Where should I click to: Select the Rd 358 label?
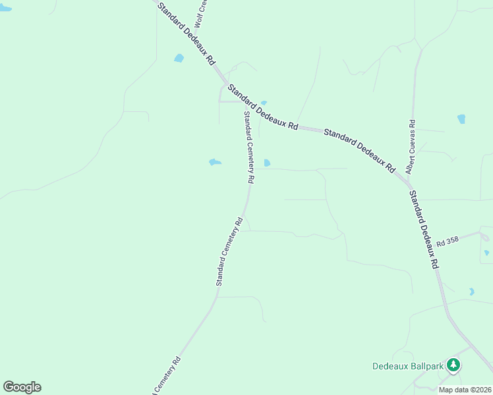coord(447,242)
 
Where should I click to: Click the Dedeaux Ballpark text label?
coord(407,365)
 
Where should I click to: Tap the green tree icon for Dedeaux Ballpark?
coord(453,364)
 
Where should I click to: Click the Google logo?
coord(22,387)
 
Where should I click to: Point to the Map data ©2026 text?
coord(464,390)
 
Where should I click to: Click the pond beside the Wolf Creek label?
coord(179,58)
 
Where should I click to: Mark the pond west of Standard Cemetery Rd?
coord(215,162)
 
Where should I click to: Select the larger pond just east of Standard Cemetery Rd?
coord(267,163)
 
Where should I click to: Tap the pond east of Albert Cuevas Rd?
coord(461,119)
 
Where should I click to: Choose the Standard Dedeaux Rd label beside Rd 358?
coord(424,228)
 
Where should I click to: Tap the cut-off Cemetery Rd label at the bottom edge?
coord(167,376)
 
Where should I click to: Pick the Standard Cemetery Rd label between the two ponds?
coord(248,147)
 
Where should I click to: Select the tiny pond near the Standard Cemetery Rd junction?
coord(264,103)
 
